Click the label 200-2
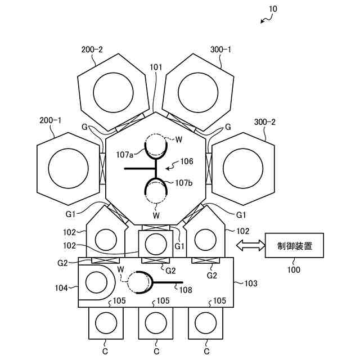click(x=92, y=49)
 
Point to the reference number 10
click(x=273, y=9)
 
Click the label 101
click(x=156, y=67)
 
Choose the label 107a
click(x=125, y=154)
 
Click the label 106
click(x=186, y=161)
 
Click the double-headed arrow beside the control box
click(x=250, y=245)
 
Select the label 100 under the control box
click(x=293, y=269)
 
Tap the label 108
click(x=185, y=290)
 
